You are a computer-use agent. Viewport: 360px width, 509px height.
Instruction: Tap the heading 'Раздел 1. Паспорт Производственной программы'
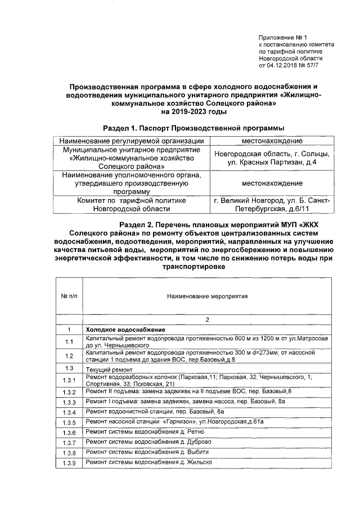coord(193,128)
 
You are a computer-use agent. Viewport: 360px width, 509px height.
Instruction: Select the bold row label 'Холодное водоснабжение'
coord(125,329)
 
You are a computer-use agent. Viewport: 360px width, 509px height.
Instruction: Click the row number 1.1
coord(69,341)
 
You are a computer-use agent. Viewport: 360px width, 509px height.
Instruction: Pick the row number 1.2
coord(69,355)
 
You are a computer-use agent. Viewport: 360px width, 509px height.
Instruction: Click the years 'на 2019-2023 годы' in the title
coord(193,111)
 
